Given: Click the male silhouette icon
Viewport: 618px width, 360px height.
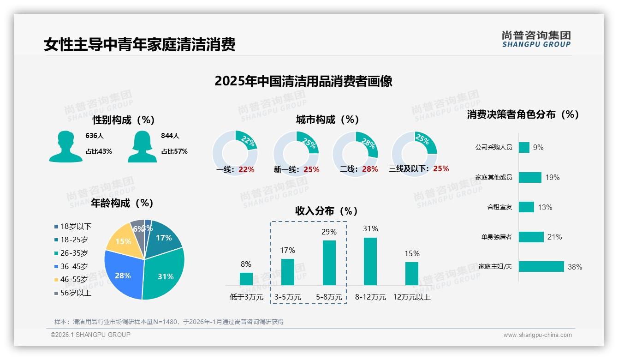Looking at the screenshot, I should [65, 146].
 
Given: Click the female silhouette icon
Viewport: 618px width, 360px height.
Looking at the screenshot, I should [142, 146].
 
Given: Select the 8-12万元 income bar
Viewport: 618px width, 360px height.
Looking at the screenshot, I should [370, 261].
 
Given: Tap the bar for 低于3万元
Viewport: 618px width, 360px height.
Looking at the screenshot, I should [246, 279].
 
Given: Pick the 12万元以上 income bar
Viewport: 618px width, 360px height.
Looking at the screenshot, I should [412, 274].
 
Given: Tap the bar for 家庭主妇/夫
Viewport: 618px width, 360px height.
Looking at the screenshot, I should [541, 266].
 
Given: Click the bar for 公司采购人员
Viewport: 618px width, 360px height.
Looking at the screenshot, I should [524, 147].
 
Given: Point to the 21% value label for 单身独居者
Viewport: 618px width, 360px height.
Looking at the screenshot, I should [554, 237].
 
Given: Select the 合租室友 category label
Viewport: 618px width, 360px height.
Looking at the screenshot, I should [499, 207].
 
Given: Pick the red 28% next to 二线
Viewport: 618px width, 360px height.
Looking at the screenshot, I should [370, 169].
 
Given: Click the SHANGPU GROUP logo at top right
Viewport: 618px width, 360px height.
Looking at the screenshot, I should [536, 39].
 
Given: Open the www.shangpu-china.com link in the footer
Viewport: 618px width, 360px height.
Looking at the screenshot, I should [537, 335].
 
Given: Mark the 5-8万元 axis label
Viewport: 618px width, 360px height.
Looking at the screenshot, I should [329, 297].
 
